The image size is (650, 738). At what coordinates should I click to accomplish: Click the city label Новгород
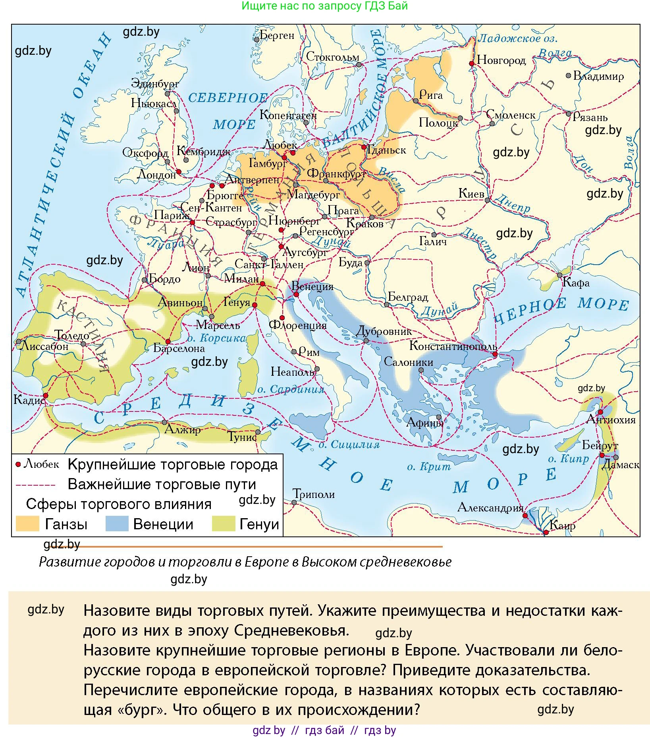click(501, 60)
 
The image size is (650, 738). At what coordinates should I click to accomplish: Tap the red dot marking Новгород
click(472, 63)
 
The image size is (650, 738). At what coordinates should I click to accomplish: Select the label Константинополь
click(453, 346)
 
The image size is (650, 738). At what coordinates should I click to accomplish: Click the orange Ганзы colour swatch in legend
click(27, 524)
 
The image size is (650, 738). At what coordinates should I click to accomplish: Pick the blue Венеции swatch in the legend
click(117, 524)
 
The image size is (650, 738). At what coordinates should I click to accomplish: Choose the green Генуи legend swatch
click(224, 524)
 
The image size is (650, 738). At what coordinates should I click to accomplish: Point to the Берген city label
click(277, 35)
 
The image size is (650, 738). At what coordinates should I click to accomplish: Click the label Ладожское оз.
click(517, 38)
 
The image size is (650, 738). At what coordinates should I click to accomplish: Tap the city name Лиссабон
click(44, 346)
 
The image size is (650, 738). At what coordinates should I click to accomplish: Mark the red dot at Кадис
click(46, 396)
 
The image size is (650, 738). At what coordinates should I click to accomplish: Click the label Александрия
click(490, 507)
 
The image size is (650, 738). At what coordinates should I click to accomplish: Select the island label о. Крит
click(429, 467)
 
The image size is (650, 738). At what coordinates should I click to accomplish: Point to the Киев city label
click(471, 194)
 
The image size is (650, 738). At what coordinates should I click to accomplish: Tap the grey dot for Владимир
click(569, 75)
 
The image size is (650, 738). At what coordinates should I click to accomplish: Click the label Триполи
click(314, 494)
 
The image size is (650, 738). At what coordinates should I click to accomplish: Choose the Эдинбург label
click(155, 84)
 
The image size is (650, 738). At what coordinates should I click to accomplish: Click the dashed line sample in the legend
click(35, 485)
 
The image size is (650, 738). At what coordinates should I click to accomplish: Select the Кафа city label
click(576, 283)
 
